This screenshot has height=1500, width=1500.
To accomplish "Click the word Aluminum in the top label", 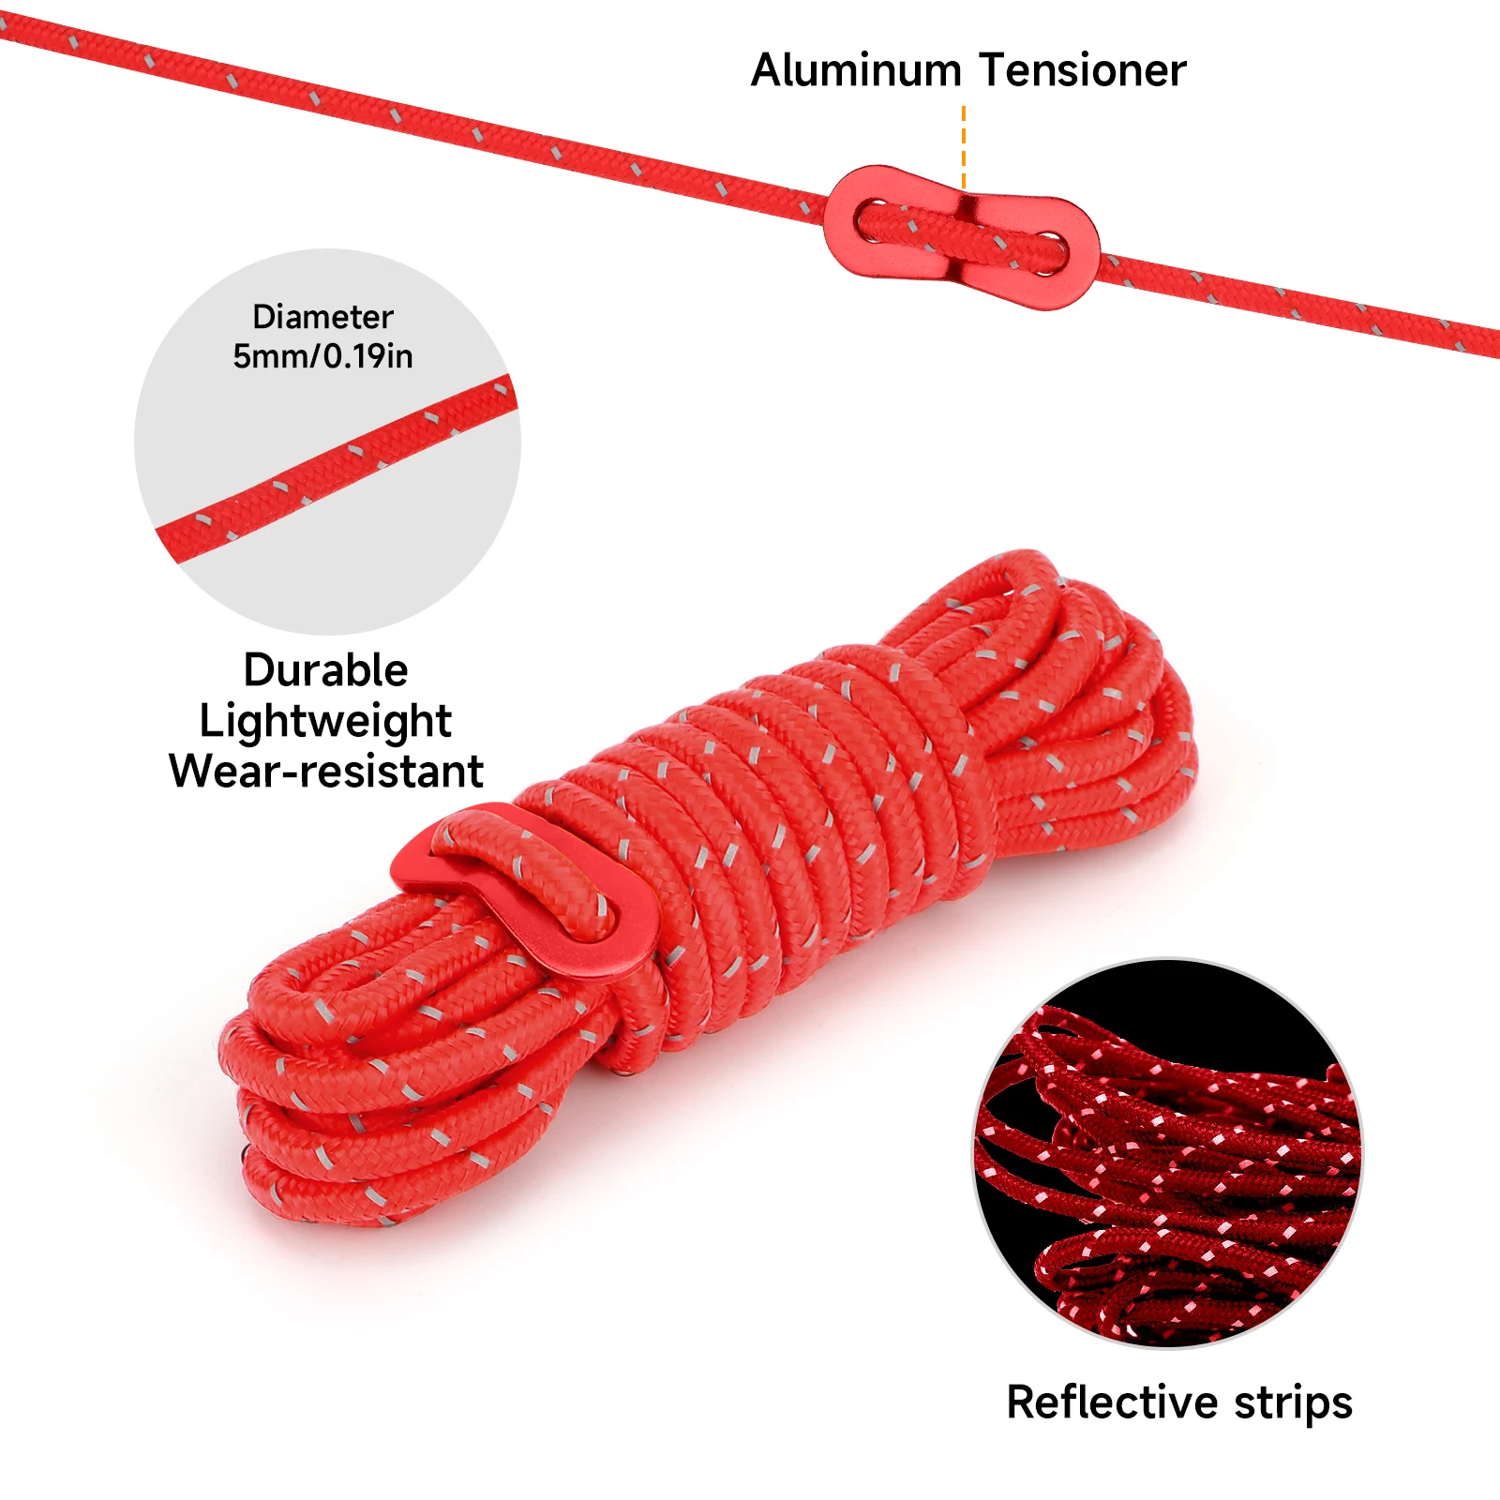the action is point(856,71).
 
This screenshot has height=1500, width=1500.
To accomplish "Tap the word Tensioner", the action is point(1083,71).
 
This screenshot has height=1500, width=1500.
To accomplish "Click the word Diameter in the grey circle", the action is point(322,317).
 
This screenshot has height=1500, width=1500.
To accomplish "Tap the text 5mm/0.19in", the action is point(322,356).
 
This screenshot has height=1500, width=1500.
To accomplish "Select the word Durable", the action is point(325,670).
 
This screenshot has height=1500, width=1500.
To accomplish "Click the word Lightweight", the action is point(325,721).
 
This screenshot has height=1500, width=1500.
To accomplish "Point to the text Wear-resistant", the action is point(325,772).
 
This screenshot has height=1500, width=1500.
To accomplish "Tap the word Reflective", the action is point(1112,1402).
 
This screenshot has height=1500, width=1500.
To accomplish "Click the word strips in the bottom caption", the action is point(1293,1402).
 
